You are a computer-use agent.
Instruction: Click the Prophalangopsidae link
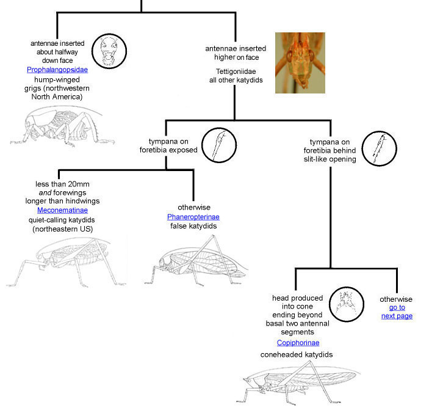tap(57, 70)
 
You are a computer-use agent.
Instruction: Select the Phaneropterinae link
tap(193, 217)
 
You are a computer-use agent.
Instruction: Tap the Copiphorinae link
tap(298, 343)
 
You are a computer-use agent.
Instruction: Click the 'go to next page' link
tap(397, 312)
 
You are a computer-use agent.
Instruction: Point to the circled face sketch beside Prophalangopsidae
tap(109, 50)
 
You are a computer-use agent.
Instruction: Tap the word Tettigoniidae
tap(236, 70)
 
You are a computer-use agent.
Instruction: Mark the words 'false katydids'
tap(193, 226)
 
